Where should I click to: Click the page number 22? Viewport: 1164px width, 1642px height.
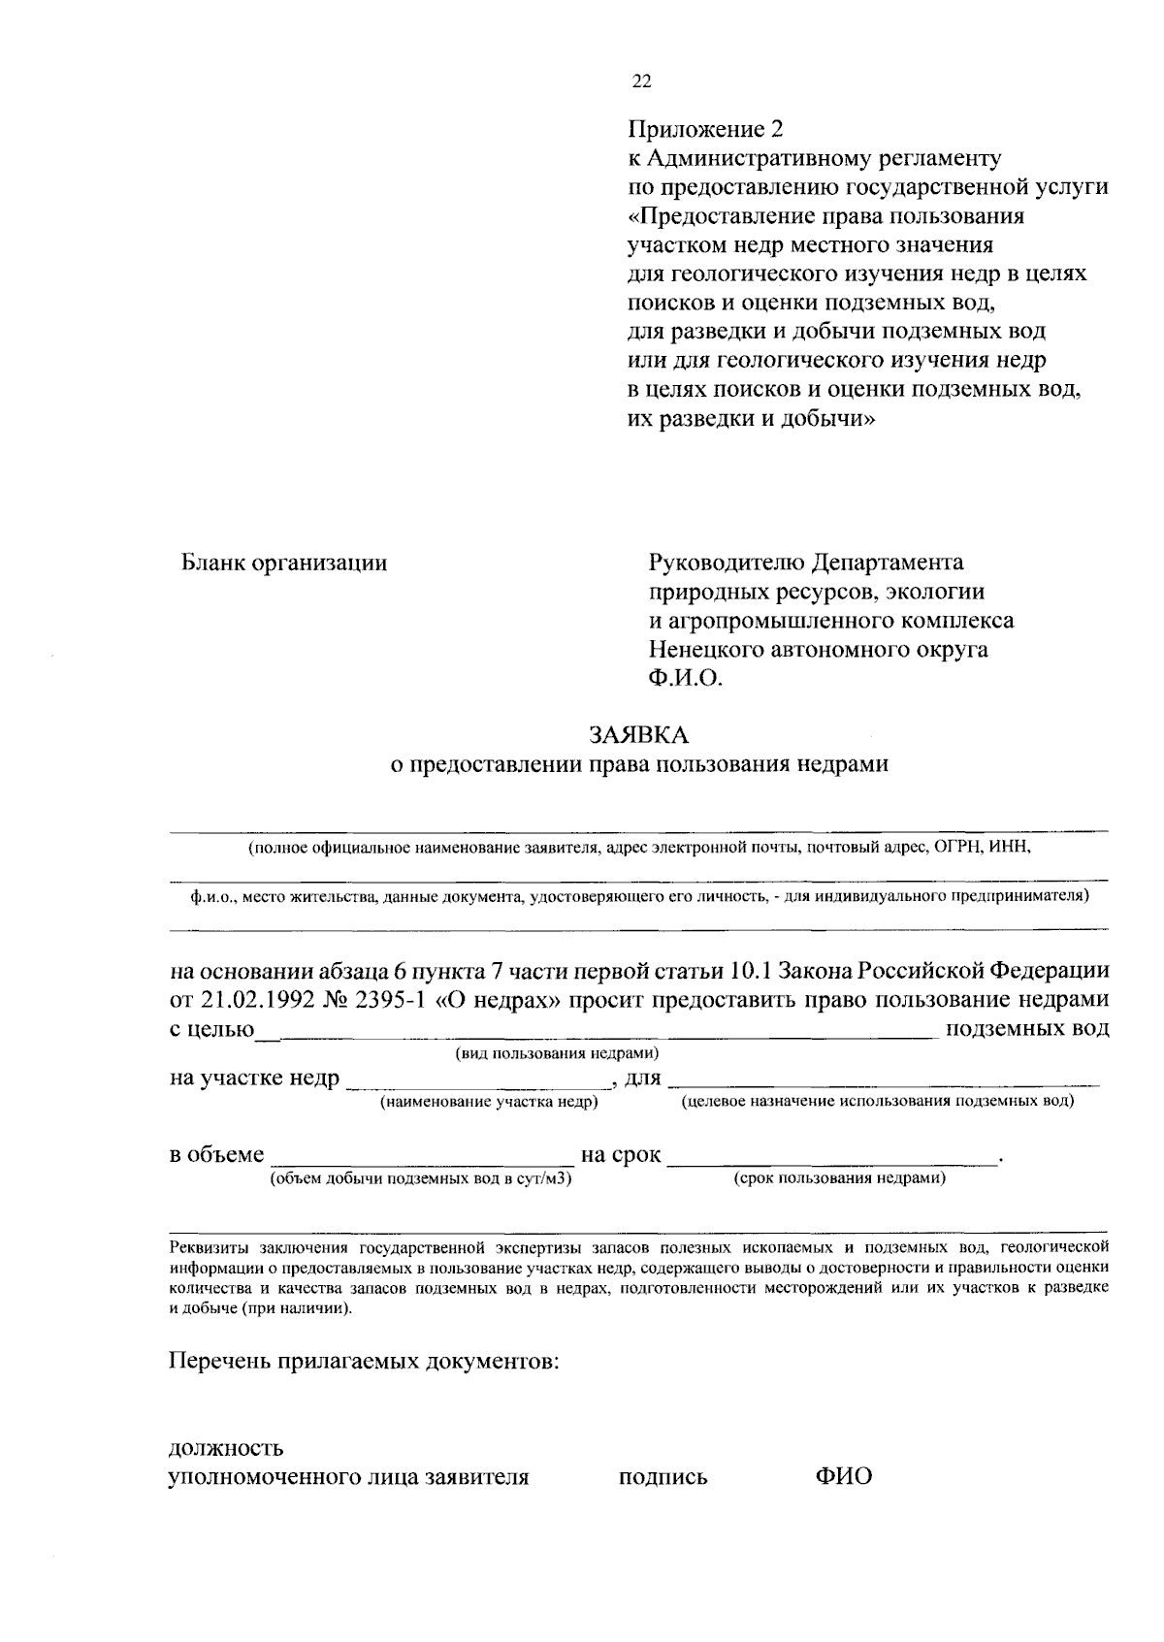pyautogui.click(x=642, y=81)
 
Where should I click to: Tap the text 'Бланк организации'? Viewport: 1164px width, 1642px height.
pyautogui.click(x=284, y=563)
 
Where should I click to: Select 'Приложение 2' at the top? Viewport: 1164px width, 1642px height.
pyautogui.click(x=704, y=129)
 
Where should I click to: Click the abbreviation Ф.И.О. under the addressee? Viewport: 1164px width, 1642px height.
pyautogui.click(x=686, y=678)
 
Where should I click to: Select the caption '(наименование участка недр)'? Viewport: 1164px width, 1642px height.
pyautogui.click(x=489, y=1102)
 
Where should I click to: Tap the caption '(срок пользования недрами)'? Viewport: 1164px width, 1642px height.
pyautogui.click(x=839, y=1178)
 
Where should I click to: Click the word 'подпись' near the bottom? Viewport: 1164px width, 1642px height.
pyautogui.click(x=663, y=1478)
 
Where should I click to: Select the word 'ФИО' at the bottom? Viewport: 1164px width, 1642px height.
pyautogui.click(x=843, y=1477)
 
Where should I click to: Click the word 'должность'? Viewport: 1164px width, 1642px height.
pyautogui.click(x=226, y=1449)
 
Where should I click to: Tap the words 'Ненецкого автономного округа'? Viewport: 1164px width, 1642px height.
pyautogui.click(x=818, y=649)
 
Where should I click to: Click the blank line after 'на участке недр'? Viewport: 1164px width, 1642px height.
pyautogui.click(x=475, y=1084)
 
